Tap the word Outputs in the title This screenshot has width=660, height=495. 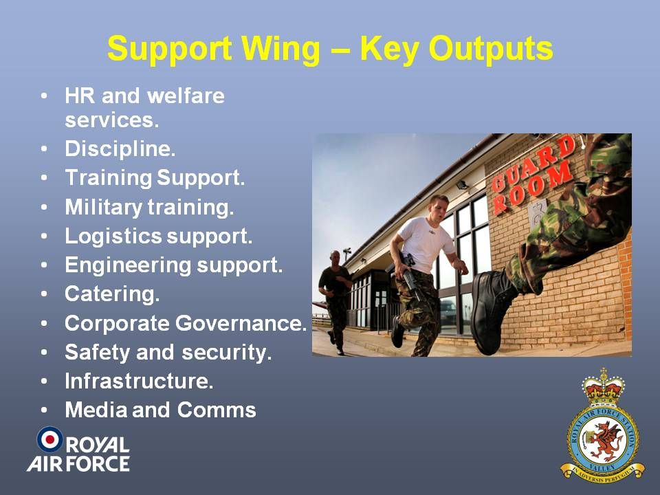(x=490, y=49)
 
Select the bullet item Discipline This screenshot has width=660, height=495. (x=120, y=149)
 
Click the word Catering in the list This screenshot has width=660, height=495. (x=112, y=294)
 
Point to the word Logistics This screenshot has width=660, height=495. (x=113, y=236)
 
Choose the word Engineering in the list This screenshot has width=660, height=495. (x=128, y=265)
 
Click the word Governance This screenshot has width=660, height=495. (x=241, y=323)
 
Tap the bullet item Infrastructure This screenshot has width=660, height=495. (x=139, y=381)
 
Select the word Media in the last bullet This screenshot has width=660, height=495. (x=96, y=410)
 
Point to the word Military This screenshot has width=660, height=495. (x=103, y=208)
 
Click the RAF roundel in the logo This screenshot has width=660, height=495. (x=50, y=439)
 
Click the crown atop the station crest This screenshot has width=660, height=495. (x=603, y=387)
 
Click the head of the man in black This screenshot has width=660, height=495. (x=335, y=258)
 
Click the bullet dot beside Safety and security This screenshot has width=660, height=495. (x=44, y=352)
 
